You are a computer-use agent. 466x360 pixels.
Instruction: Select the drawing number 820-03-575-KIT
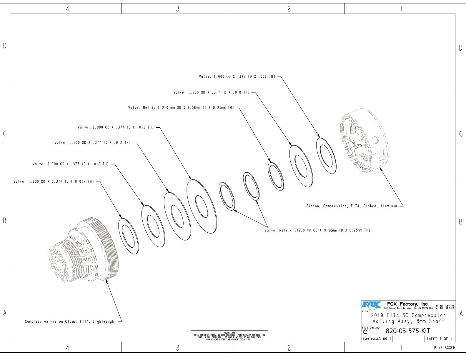tap(408, 331)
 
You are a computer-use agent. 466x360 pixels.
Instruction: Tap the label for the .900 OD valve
tap(116, 127)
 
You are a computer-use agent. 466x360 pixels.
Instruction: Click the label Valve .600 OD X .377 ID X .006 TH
tap(237, 76)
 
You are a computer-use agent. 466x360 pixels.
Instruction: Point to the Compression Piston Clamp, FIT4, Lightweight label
tap(70, 321)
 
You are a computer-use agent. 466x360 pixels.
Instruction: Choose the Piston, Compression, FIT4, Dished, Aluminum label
tap(352, 206)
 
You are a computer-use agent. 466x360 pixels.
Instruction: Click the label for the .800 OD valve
tap(92, 143)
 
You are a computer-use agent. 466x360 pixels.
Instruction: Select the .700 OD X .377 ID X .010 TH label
tap(212, 92)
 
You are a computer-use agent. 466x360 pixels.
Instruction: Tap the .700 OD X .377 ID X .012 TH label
tap(71, 164)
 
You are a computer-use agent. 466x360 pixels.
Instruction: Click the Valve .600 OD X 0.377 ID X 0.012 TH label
tap(54, 181)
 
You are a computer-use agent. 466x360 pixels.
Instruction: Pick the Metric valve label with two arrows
tap(317, 230)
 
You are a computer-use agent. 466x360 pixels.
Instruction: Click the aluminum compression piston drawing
tap(364, 141)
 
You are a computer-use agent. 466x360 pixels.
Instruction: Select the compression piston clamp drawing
tap(84, 250)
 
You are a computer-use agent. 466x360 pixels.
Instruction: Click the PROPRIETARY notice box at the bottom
tap(229, 336)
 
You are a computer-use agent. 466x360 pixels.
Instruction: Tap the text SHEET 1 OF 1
tap(439, 339)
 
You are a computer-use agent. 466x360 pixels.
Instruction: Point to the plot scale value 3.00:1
tap(385, 339)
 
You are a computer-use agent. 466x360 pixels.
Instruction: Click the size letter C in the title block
tap(365, 332)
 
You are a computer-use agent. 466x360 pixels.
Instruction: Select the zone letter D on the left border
tap(5, 46)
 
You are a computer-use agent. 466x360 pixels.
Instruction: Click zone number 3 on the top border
tap(178, 9)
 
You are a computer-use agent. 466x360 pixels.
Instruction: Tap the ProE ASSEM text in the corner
tap(445, 348)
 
